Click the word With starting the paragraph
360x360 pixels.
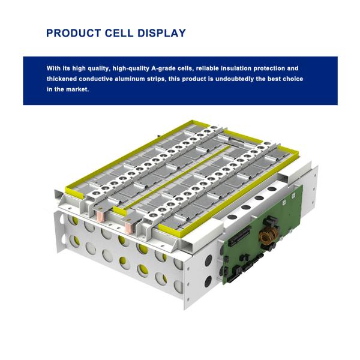coord(54,68)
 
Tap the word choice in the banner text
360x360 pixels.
coord(292,79)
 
